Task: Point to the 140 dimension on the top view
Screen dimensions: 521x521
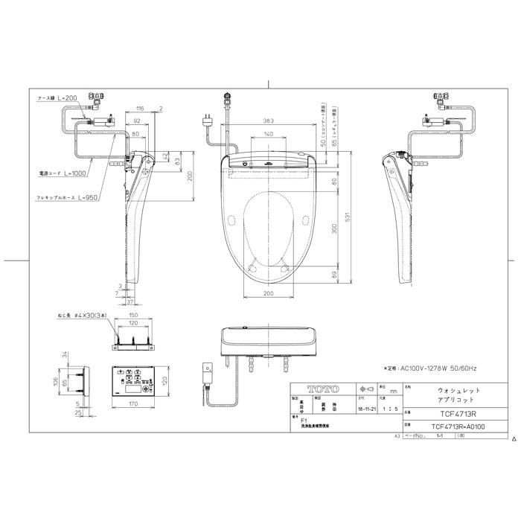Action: click(266, 135)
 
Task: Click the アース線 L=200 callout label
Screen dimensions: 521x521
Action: click(57, 98)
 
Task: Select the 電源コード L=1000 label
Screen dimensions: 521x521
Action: click(63, 173)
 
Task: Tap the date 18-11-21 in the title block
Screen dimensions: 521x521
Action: click(365, 409)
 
